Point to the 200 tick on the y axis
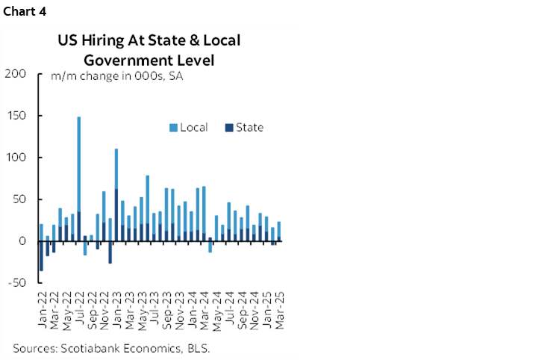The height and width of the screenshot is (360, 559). click(x=15, y=74)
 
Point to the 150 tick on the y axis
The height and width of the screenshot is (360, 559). click(x=15, y=116)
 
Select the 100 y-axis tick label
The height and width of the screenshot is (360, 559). click(x=15, y=158)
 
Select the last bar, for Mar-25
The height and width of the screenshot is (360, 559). click(x=279, y=232)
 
